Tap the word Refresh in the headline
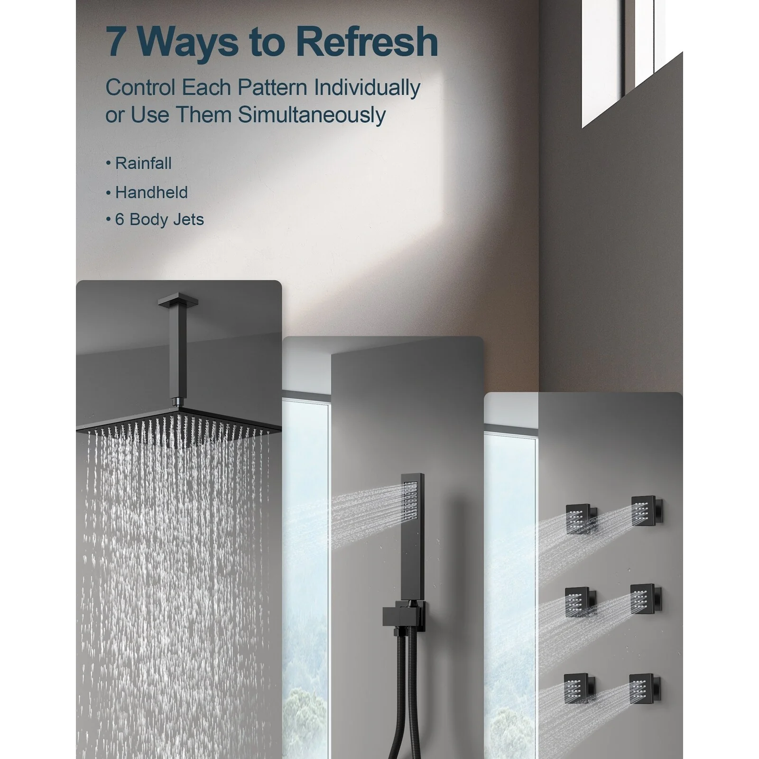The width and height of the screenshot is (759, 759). point(367,42)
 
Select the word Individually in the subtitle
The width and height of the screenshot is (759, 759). point(367,88)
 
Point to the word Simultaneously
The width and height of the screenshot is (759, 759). point(312,115)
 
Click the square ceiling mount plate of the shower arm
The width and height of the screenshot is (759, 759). point(178,300)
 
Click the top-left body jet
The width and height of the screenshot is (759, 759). point(580,519)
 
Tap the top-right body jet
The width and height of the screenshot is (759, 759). point(647,511)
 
